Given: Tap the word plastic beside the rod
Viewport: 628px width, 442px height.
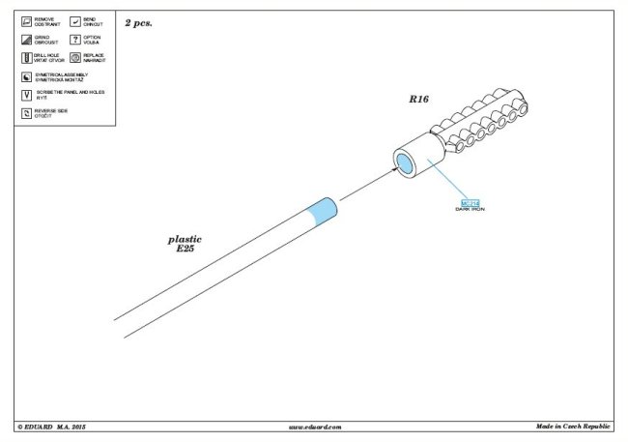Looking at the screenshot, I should pos(184,239).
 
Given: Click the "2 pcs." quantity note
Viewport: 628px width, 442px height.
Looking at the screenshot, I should pos(139,20).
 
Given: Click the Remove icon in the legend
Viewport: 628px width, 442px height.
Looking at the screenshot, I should pos(25,21).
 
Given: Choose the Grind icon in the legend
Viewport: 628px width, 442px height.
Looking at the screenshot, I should pos(25,40).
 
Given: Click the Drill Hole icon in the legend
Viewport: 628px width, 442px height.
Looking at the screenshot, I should pos(25,58).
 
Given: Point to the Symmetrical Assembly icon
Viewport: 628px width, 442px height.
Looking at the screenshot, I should pos(25,75).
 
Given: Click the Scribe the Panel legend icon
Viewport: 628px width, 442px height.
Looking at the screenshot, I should pos(25,94).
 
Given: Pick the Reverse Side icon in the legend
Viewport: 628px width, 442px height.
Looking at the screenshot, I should pos(25,113).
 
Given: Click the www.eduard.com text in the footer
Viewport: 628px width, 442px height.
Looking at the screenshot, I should pos(315,427).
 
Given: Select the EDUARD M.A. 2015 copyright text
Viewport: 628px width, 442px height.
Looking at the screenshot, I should pos(52,427).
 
